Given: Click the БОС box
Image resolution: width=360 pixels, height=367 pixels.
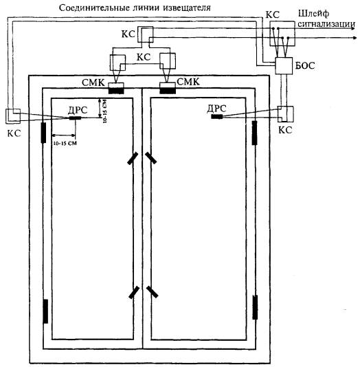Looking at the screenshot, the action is [284, 65].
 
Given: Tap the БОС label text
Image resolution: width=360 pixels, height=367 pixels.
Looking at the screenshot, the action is [305, 65].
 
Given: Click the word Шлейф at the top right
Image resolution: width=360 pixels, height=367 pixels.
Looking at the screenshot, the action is [313, 14].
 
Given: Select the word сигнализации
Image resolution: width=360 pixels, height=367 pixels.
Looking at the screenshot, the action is [326, 24].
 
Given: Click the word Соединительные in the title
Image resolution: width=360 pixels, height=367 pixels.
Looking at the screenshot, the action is [93, 8].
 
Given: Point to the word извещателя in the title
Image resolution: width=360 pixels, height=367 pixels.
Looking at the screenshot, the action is [187, 8].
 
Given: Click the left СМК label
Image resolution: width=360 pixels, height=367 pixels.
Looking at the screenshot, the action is [93, 82].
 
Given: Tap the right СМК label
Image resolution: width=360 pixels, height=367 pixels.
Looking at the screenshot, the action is [188, 82].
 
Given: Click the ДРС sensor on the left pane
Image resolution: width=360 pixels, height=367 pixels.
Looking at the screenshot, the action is [75, 118].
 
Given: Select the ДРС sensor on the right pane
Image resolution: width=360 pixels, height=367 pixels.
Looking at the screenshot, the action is [217, 116].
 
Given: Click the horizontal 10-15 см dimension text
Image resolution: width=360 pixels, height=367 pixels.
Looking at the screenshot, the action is [65, 143].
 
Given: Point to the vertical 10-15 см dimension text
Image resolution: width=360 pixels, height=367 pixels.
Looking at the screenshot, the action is [105, 111].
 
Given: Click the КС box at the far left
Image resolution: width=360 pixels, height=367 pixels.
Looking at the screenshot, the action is [13, 116].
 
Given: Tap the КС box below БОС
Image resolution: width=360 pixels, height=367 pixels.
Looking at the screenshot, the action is [285, 114].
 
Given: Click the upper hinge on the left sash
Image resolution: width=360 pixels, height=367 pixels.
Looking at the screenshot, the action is [43, 133].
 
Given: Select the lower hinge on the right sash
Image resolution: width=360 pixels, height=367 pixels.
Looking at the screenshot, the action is [255, 307].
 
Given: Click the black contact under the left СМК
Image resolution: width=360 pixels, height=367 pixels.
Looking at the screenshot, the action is [116, 91].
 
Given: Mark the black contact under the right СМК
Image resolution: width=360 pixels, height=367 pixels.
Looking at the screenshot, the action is [168, 90].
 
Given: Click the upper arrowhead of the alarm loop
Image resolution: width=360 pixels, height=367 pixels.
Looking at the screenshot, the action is [354, 29].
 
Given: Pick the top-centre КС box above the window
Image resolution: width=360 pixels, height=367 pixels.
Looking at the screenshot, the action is [145, 34].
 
